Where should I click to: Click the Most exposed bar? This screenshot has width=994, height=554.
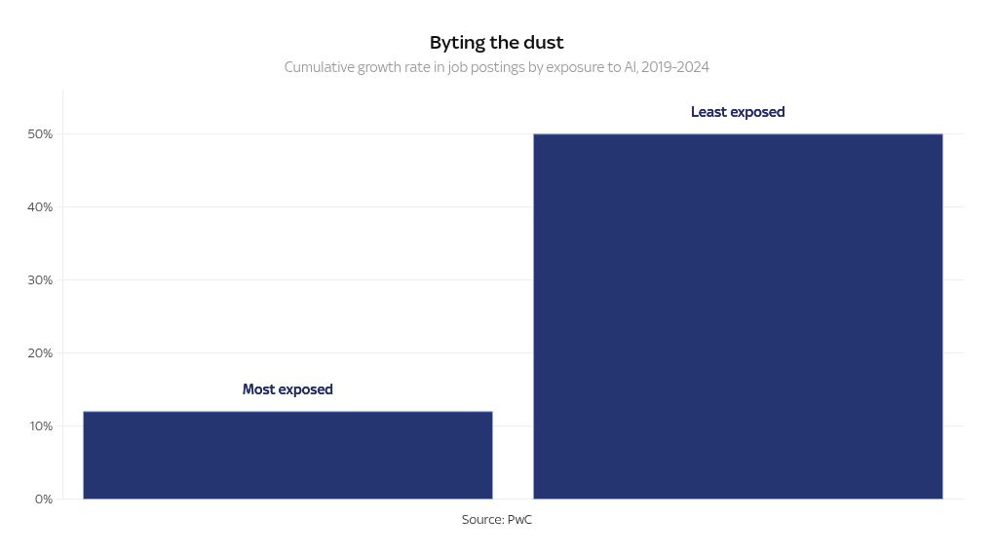[287, 455]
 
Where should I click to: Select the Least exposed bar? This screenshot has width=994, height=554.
[738, 316]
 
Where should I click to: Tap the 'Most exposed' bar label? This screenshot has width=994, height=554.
[287, 389]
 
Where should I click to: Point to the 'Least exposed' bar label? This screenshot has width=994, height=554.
[738, 112]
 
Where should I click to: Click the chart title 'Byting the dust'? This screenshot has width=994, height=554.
[497, 43]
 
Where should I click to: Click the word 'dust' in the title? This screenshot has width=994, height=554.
[543, 43]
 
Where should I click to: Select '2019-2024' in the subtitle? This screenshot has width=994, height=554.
[675, 68]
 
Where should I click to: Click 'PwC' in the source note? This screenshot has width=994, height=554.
[519, 520]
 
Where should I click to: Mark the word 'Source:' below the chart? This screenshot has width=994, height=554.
[482, 520]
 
